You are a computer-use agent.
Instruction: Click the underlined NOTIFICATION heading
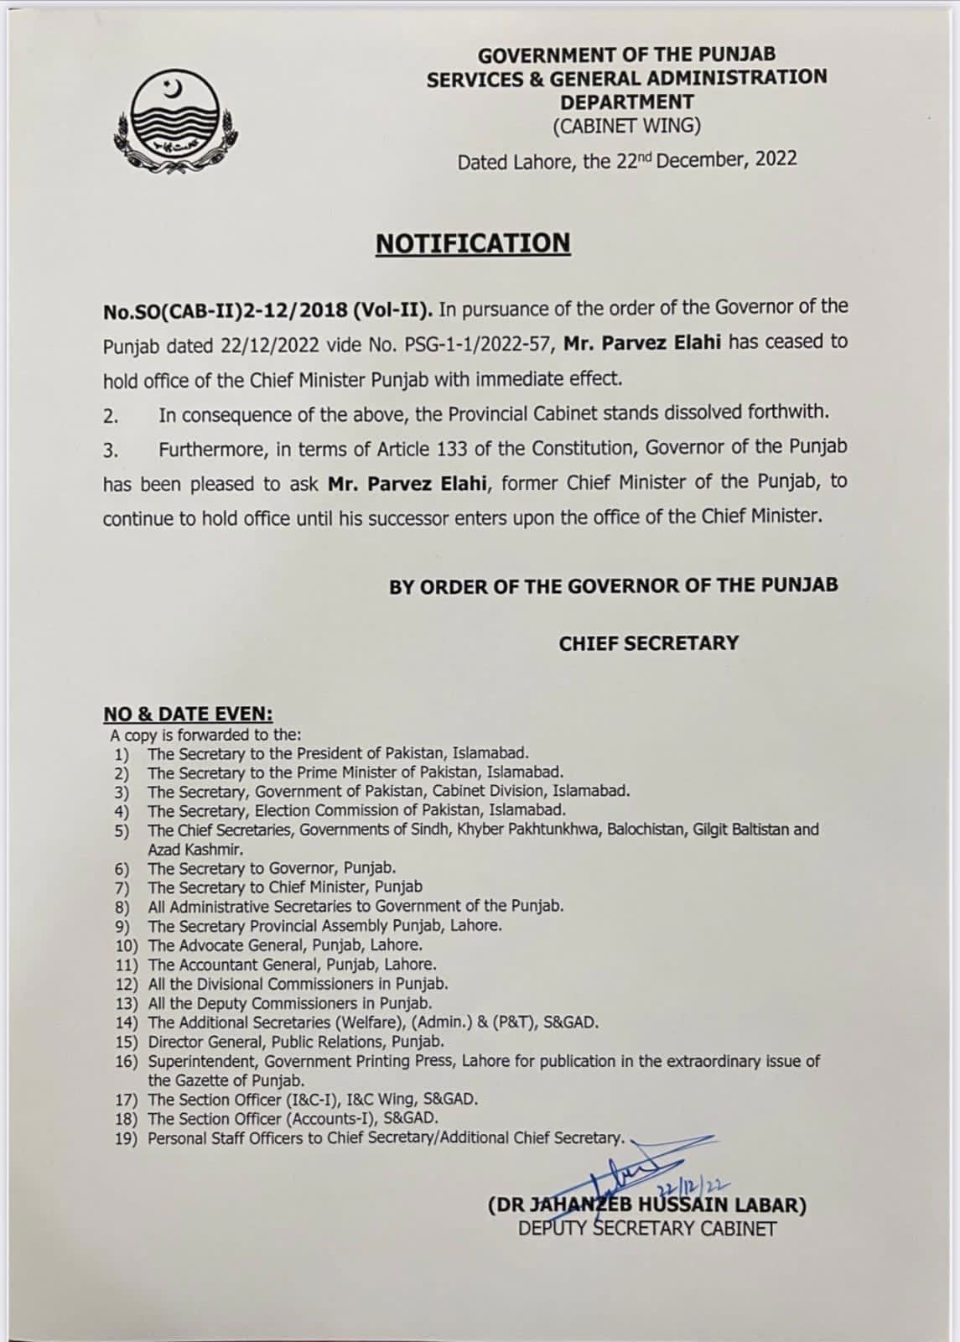click(x=473, y=243)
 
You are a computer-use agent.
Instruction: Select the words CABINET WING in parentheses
click(x=626, y=126)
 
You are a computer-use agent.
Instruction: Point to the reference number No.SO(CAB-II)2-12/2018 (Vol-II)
click(x=267, y=310)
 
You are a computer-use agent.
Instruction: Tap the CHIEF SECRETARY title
click(x=649, y=643)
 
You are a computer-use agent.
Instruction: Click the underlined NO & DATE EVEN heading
click(x=188, y=715)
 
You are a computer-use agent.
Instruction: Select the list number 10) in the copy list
click(x=128, y=946)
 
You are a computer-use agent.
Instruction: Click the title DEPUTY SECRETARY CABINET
click(x=647, y=1229)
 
